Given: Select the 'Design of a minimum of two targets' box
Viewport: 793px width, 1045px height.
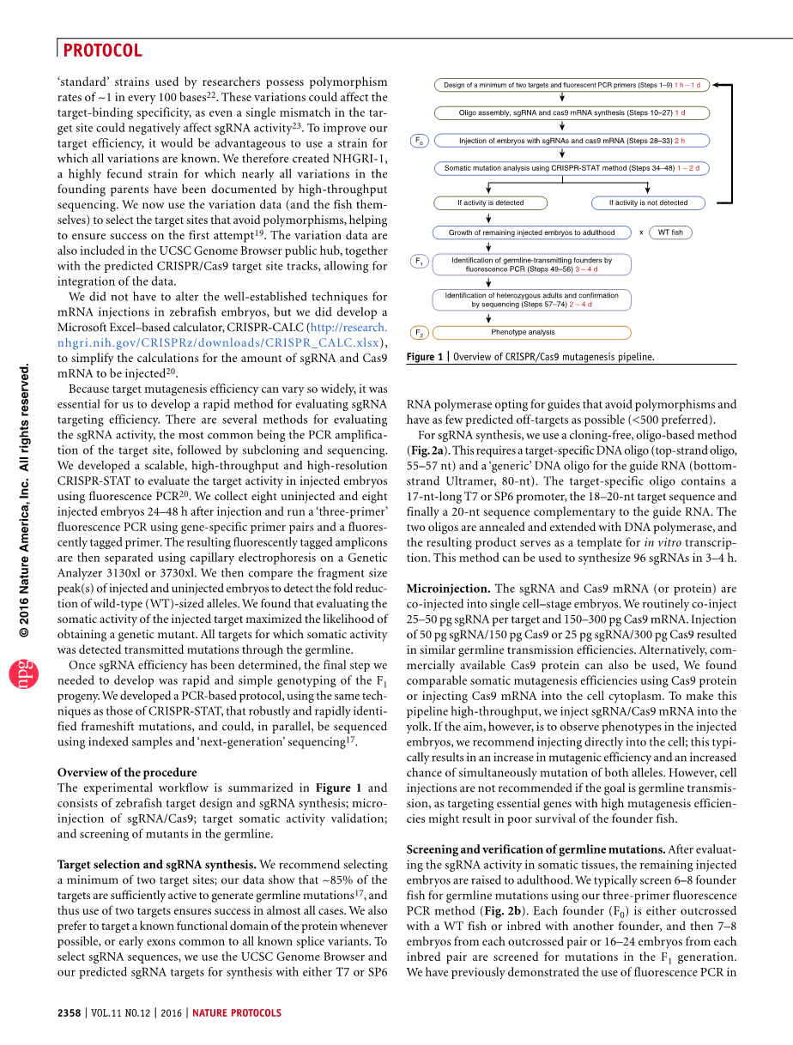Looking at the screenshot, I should point(572,85).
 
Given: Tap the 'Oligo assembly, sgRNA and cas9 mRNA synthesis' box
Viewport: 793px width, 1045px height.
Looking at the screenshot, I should point(572,112).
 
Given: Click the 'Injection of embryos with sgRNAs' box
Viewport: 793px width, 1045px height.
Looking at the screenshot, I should point(572,141).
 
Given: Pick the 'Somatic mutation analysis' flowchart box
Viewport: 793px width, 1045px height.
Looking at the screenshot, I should point(572,168).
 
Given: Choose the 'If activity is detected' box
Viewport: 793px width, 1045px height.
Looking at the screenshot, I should point(490,203).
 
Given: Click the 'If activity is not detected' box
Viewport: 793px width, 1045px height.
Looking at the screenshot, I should point(648,203).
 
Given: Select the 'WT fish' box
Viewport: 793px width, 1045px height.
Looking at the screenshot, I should point(670,233).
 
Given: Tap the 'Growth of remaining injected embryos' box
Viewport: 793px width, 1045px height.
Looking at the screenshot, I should point(531,233).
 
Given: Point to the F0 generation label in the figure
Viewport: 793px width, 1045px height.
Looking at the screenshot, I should point(419,141).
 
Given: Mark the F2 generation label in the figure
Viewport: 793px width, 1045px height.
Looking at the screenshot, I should point(419,332).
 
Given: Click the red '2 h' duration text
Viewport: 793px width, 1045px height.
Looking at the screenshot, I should point(679,141).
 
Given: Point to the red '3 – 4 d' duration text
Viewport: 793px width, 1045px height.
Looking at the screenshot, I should point(586,269).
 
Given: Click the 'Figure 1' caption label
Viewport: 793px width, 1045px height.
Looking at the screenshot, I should point(425,357).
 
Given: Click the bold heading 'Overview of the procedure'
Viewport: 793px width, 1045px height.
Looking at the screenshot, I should point(127,771).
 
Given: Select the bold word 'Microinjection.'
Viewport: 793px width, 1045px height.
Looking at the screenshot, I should point(448,589).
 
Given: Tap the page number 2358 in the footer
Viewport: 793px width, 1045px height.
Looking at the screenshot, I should point(69,1012).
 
